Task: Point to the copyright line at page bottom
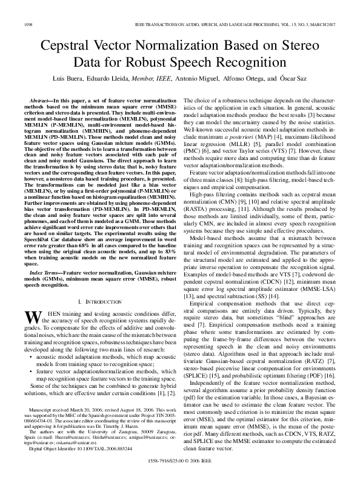coord(180,460)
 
